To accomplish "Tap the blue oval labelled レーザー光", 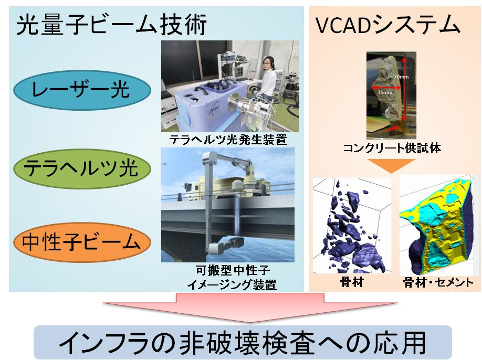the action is coord(82,90).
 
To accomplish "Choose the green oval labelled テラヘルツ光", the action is coord(82,168).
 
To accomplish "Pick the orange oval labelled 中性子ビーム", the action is coord(82,242).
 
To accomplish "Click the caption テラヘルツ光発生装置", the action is coord(228,140).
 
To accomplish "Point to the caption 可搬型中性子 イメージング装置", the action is coord(233,278).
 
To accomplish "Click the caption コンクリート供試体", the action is coord(392,148).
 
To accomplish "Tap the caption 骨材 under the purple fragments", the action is coord(352,282).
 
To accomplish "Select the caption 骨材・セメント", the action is coord(438,282).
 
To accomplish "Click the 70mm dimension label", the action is coord(401,77).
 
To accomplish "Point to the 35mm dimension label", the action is coord(385,92).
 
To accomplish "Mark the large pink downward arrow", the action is coord(249,307).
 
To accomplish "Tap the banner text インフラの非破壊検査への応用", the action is coord(242,343).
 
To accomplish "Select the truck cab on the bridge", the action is coord(191,189).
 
